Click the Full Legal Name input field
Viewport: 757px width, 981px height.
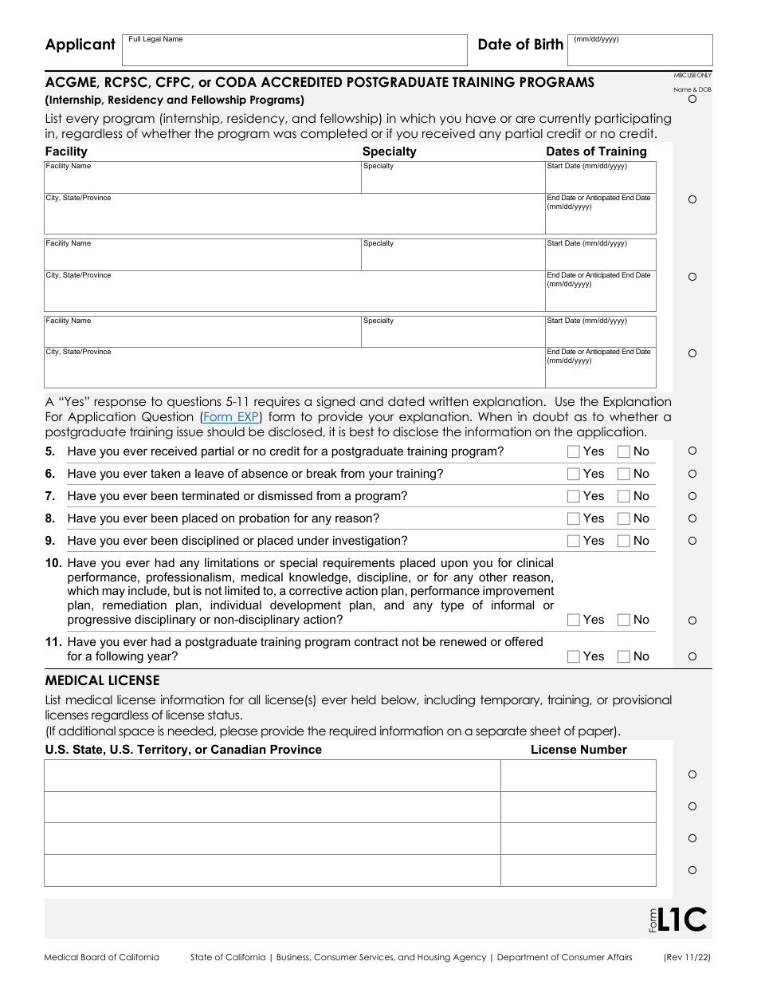[x=294, y=50]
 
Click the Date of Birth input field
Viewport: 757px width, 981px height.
[x=641, y=50]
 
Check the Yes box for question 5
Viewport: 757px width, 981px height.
[x=573, y=451]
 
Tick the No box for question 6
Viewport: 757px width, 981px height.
[x=624, y=474]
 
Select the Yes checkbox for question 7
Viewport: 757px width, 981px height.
[x=573, y=496]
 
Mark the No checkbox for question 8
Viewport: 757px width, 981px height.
[x=624, y=518]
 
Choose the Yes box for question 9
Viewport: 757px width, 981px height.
[x=573, y=541]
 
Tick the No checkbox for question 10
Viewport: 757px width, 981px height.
[x=624, y=620]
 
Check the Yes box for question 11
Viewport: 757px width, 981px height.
[x=573, y=656]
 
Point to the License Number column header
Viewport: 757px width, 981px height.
[x=579, y=750]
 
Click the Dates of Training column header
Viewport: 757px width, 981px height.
[x=596, y=152]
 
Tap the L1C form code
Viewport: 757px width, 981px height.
[x=683, y=920]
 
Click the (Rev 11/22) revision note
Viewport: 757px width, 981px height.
[x=688, y=957]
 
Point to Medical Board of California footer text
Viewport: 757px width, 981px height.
[x=101, y=957]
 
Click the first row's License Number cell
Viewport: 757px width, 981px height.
[x=578, y=775]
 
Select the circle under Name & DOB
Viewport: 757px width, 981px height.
[x=692, y=100]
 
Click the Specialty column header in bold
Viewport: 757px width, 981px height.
[x=389, y=152]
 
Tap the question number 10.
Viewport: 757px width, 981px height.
[x=53, y=563]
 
